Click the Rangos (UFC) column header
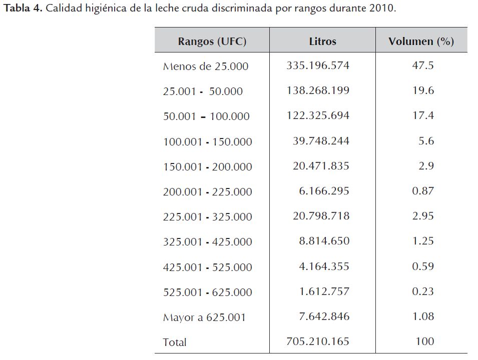click(x=212, y=41)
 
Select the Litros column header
click(x=322, y=41)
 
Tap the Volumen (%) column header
click(x=421, y=41)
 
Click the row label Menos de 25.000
click(x=206, y=66)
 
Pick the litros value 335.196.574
click(x=318, y=65)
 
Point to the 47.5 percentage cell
click(x=422, y=65)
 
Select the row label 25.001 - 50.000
click(x=203, y=91)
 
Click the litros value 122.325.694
click(x=318, y=115)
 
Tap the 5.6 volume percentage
click(x=426, y=141)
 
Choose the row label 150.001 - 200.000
click(x=208, y=167)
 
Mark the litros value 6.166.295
click(x=324, y=191)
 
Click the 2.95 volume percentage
click(x=423, y=216)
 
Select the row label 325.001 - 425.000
click(x=208, y=242)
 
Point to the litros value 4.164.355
click(x=324, y=266)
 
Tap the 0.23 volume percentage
click(x=423, y=291)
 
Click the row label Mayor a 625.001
click(x=204, y=317)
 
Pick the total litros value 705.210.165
click(x=318, y=341)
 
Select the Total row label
click(x=175, y=342)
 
